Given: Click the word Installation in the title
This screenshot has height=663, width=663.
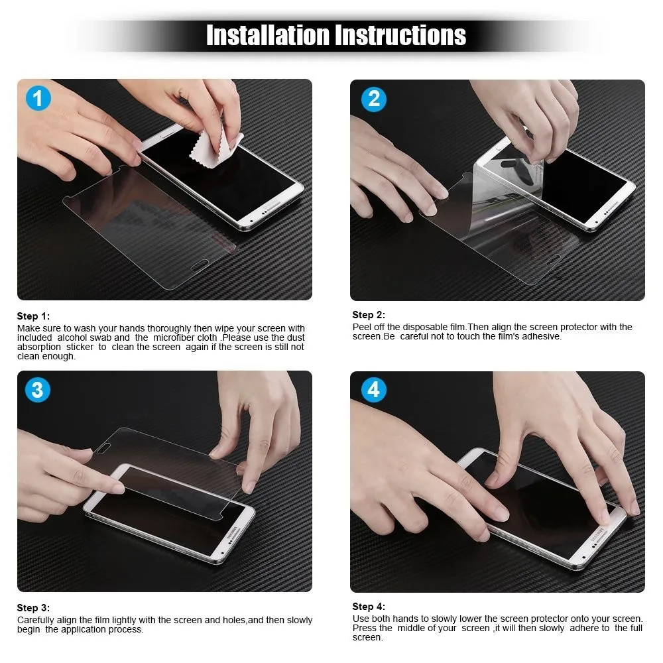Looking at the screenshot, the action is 268,35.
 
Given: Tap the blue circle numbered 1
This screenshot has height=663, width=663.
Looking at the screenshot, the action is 38,98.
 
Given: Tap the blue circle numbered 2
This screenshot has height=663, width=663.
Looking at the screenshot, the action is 374,99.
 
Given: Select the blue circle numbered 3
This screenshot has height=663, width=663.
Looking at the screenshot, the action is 38,390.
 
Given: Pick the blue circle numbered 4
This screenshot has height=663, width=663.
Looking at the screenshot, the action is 374,390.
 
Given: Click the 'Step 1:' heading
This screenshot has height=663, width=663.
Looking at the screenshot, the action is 33,316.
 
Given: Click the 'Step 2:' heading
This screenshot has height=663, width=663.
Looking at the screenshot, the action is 369,315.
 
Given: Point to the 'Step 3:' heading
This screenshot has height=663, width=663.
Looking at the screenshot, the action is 33,608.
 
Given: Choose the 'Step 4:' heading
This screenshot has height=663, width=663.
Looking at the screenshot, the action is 369,607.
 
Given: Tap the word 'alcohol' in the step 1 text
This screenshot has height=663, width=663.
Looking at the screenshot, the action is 72,338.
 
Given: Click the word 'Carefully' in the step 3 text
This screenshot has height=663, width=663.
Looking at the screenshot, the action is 36,621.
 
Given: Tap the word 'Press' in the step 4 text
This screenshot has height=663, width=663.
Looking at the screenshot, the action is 363,629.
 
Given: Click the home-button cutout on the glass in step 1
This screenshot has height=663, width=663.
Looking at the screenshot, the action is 200,266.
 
